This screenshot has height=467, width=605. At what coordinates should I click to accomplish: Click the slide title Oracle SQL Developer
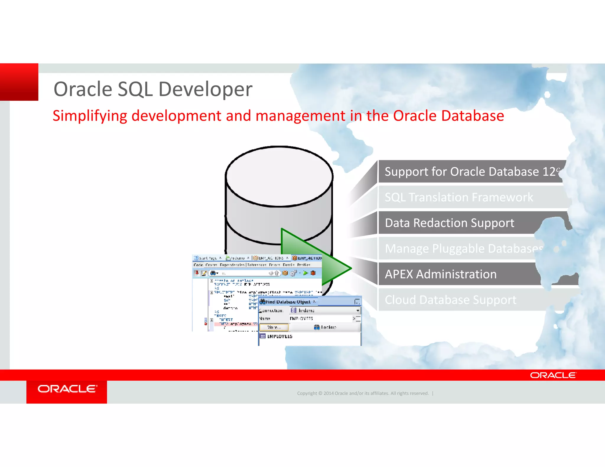tap(153, 89)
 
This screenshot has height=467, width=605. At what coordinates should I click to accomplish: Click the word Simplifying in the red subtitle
tap(90, 116)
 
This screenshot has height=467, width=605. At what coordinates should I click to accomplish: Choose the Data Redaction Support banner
tap(449, 223)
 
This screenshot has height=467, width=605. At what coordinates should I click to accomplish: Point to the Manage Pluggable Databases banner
tap(464, 249)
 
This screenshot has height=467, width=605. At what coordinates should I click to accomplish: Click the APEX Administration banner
tap(440, 274)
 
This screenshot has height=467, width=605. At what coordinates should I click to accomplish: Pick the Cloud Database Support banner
tap(451, 300)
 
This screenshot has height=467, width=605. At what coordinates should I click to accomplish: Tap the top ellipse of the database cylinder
tap(279, 176)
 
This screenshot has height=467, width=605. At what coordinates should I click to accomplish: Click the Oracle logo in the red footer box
tap(67, 389)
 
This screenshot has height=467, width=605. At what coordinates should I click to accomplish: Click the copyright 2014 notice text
tap(363, 393)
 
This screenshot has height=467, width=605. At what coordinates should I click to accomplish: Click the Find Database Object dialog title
tap(288, 302)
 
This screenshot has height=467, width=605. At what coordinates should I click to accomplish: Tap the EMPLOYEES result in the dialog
tap(279, 336)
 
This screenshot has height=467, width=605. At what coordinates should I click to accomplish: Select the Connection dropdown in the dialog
tap(325, 310)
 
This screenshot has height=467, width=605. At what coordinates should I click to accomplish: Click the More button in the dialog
tap(274, 327)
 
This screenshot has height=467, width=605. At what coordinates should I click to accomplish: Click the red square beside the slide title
tap(19, 82)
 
